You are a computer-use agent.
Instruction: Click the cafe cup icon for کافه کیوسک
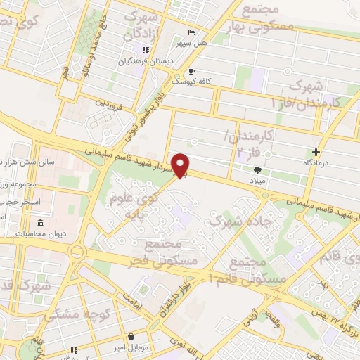coord(191,71)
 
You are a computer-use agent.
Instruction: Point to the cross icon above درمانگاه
coord(316,151)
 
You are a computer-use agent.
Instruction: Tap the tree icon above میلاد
coord(258,169)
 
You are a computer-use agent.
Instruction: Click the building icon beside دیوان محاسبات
coord(40,224)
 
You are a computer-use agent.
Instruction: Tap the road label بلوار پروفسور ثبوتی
coord(155,108)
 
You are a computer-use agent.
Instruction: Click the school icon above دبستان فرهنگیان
coord(146,51)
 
